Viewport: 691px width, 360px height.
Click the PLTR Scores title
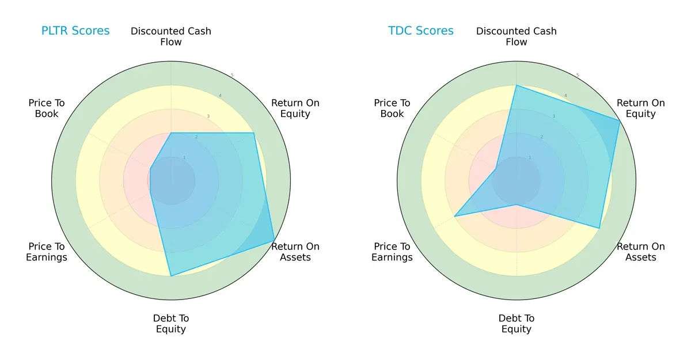[75, 31]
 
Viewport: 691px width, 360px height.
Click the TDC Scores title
[421, 31]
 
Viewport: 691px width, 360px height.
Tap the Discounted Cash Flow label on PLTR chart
[171, 36]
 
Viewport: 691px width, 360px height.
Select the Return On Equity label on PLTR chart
[295, 108]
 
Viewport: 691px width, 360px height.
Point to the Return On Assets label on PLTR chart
[295, 252]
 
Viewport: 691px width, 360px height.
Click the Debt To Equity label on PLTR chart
[171, 324]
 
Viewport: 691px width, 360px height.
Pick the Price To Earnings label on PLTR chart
[47, 252]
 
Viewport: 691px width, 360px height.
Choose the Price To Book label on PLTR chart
[47, 108]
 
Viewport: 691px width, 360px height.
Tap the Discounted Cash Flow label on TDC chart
[517, 36]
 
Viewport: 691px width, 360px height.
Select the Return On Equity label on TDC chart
[641, 108]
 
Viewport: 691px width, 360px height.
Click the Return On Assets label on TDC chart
[641, 252]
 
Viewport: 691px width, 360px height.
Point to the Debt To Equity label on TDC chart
[517, 324]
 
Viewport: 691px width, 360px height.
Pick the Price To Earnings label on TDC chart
[392, 252]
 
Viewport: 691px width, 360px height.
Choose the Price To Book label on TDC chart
[392, 108]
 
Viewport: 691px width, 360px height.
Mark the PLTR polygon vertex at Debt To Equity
[171, 276]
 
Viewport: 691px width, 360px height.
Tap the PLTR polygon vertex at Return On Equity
[253, 133]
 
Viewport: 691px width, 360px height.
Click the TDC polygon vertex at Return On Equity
[620, 121]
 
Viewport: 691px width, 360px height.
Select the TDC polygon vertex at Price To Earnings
[455, 216]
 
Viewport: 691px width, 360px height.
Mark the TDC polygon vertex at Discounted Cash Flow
[517, 86]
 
